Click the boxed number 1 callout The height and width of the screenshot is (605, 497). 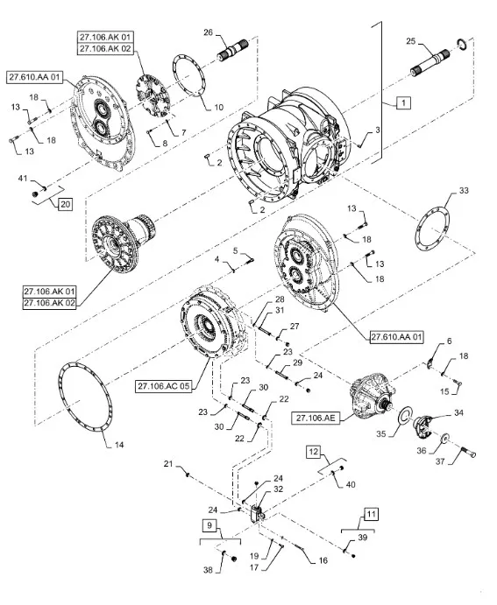tap(403, 103)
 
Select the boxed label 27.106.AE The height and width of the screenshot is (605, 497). tap(316, 418)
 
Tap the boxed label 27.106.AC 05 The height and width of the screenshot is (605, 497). tap(164, 386)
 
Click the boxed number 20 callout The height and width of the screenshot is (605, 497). tap(65, 204)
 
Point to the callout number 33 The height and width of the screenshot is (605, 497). tap(464, 190)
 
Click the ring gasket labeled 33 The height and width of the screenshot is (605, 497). tap(432, 229)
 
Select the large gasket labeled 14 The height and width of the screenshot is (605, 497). tap(85, 396)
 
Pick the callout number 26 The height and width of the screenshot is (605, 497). tap(208, 32)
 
